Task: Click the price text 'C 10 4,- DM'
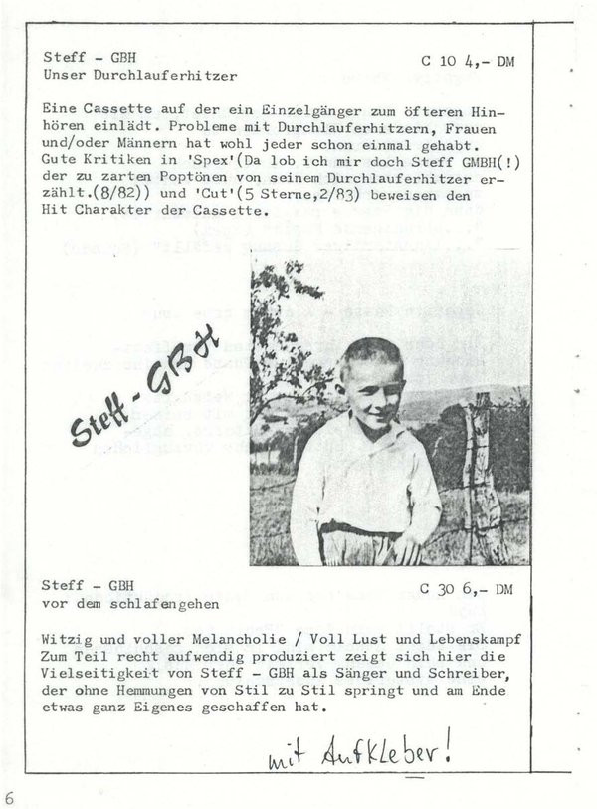tap(467, 61)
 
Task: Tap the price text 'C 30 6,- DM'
tap(467, 588)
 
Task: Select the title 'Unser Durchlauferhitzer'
tap(140, 75)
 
